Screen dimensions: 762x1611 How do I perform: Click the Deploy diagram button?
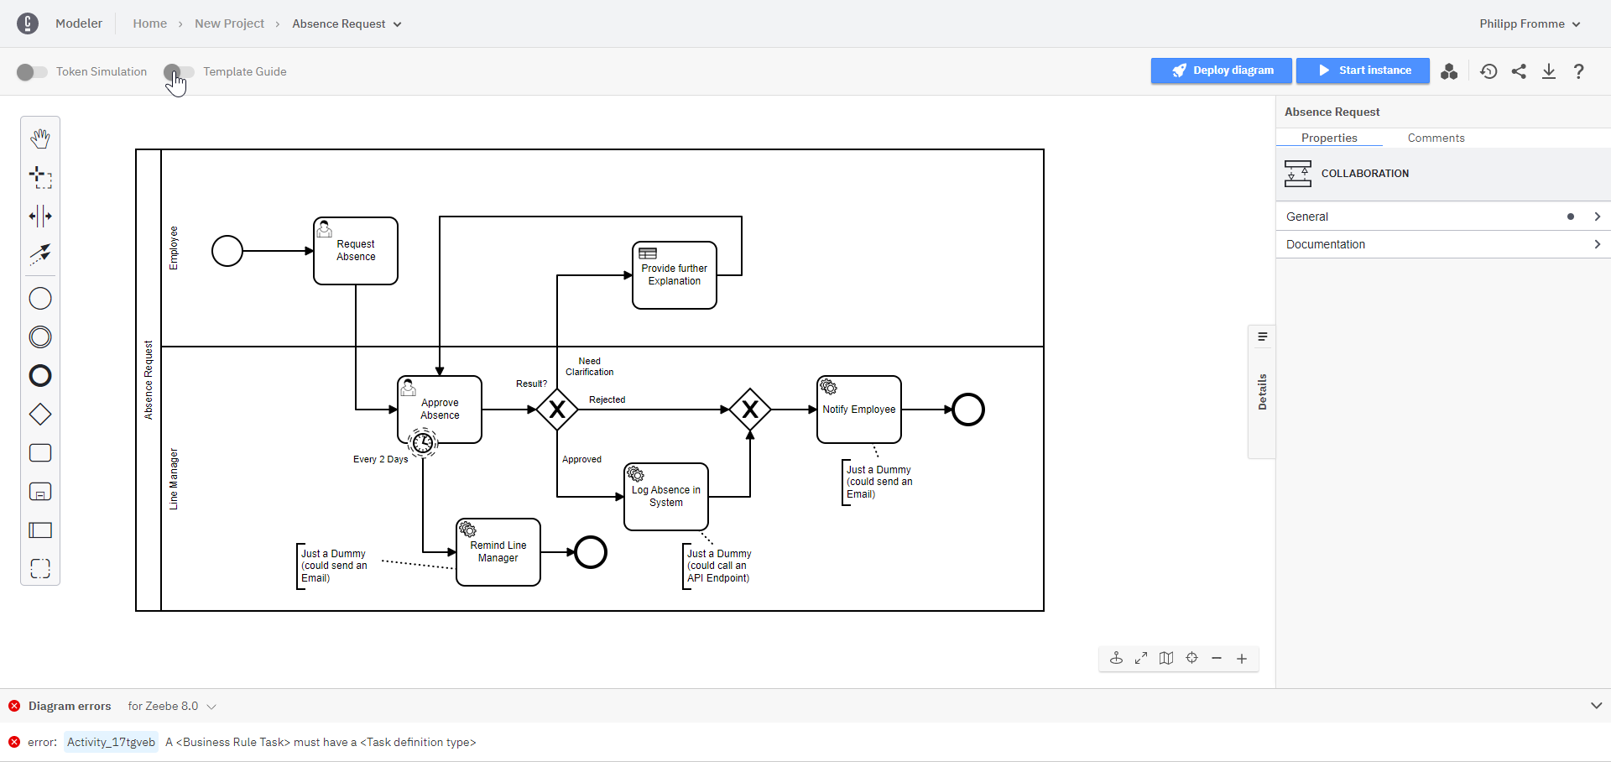point(1221,70)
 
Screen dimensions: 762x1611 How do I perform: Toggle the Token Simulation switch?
point(32,72)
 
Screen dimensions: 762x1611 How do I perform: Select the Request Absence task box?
point(356,251)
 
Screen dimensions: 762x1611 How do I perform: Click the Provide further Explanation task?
point(675,275)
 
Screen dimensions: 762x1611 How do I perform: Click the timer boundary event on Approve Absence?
point(423,441)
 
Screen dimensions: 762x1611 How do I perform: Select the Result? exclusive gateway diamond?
point(557,410)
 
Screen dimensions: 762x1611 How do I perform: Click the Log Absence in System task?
point(666,497)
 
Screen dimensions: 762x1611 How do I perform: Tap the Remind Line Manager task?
point(498,552)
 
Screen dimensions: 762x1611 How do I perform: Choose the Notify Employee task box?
point(859,410)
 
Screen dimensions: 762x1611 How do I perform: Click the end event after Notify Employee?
point(968,410)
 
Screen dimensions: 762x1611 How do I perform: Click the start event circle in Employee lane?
point(227,251)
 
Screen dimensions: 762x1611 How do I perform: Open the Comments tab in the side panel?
point(1436,138)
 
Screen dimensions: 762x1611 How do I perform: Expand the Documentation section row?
point(1442,244)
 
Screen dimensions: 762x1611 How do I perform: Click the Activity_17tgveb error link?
point(111,742)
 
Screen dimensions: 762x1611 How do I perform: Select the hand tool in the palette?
point(40,138)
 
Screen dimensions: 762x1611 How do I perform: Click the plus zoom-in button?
point(1242,659)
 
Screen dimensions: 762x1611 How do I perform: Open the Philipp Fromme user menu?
point(1529,23)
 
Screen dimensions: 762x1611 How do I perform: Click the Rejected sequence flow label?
point(607,399)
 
